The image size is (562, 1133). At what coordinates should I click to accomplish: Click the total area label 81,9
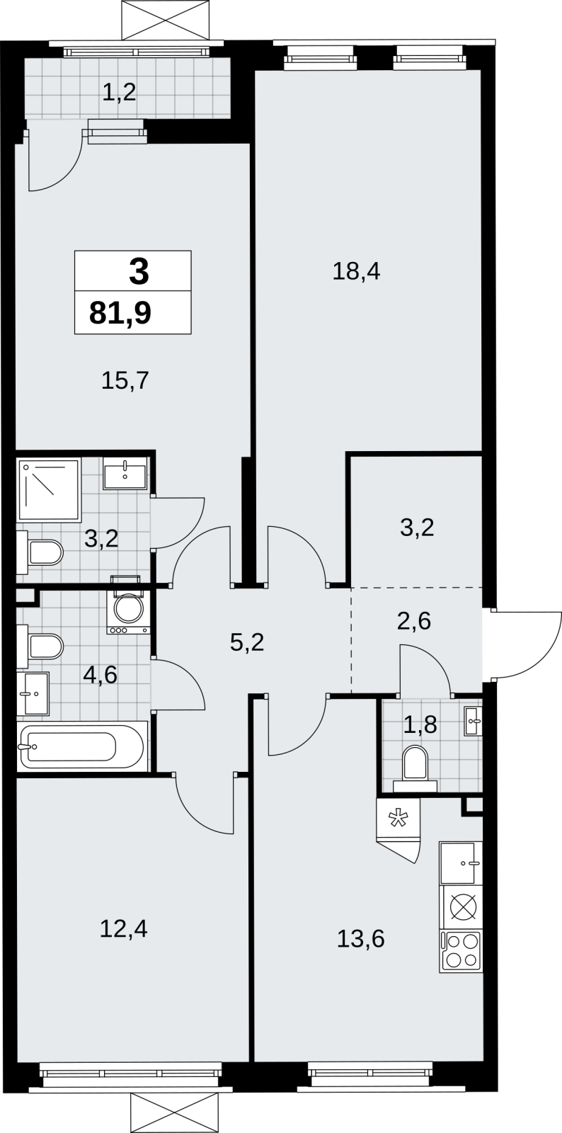(x=120, y=313)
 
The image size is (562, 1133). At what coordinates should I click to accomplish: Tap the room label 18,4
(x=356, y=272)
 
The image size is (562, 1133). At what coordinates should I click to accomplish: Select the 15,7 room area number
(x=125, y=380)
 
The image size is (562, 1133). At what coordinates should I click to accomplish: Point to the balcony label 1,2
(x=120, y=93)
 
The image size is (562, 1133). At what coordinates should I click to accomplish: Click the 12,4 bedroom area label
(x=123, y=928)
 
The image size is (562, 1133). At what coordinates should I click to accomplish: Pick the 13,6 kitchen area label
(x=361, y=938)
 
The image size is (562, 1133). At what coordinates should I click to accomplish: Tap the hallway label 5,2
(x=247, y=643)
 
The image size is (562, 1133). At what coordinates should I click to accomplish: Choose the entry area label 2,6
(x=414, y=620)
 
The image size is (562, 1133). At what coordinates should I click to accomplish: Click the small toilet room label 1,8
(x=420, y=725)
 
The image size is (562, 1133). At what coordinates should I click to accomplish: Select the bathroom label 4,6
(x=101, y=674)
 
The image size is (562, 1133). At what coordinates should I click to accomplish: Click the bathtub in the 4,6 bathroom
(x=82, y=746)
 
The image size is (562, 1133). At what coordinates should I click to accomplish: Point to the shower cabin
(x=49, y=490)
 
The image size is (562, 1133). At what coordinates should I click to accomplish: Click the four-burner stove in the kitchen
(x=461, y=951)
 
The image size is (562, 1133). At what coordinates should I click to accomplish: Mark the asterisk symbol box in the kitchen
(x=398, y=818)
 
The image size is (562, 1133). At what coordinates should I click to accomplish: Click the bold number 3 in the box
(x=139, y=271)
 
